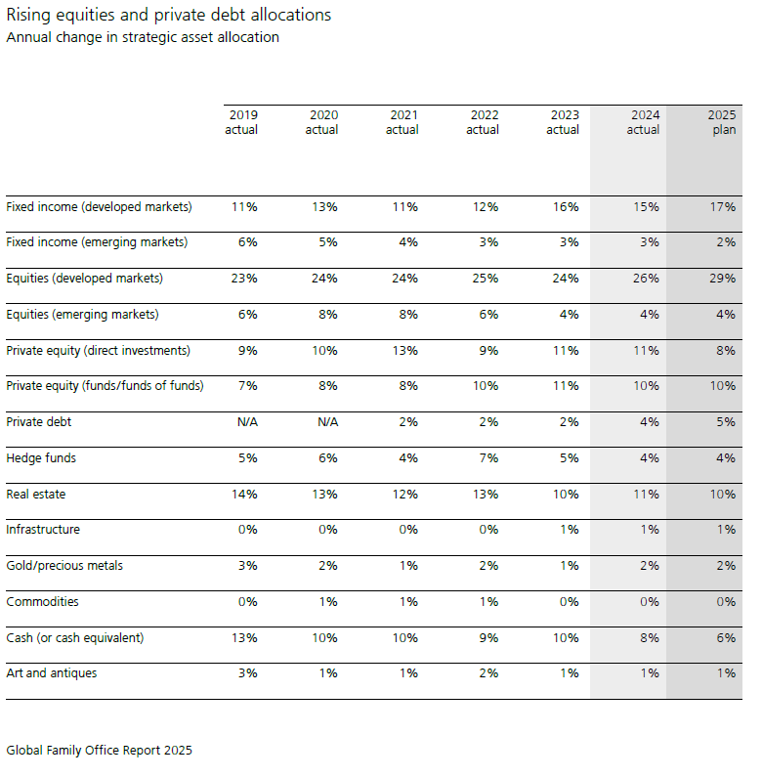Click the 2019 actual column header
tap(241, 122)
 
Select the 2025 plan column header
tap(722, 122)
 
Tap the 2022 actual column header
tap(483, 122)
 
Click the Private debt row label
tap(39, 422)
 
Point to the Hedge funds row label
tap(41, 457)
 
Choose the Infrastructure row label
tap(43, 530)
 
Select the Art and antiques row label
tap(52, 673)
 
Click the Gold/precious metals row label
tap(64, 566)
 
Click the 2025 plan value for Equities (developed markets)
tap(722, 279)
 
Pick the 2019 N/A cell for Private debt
tap(247, 422)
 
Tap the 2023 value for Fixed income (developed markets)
tap(566, 207)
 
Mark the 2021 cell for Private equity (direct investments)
tap(405, 351)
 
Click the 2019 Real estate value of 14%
tap(244, 495)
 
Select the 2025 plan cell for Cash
tap(726, 638)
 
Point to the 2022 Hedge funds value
tap(488, 458)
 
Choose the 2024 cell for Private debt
tap(650, 422)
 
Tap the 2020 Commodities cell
tap(328, 602)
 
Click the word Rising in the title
tap(28, 16)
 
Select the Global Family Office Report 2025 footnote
tap(100, 751)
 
